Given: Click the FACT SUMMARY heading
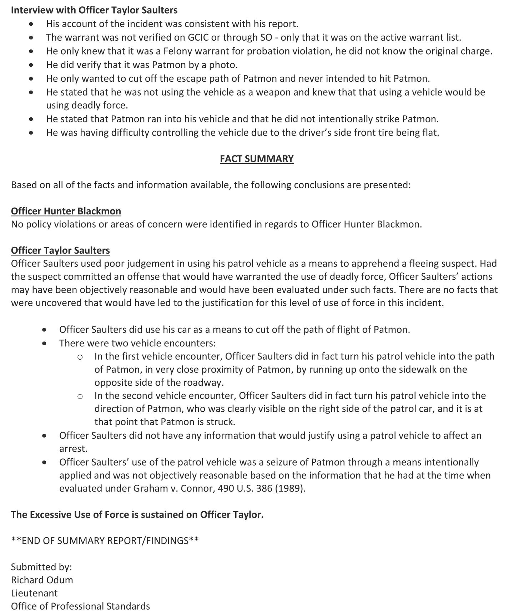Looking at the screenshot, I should tap(257, 159).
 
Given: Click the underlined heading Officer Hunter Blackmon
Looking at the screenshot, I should tap(66, 211).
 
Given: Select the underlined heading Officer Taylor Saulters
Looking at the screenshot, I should tap(60, 250).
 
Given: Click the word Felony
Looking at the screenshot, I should tap(179, 51).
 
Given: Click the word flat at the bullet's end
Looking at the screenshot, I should tap(429, 133).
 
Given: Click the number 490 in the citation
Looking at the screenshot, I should tap(226, 488).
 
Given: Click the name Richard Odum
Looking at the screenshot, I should tap(42, 580).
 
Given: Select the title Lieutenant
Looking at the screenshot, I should tap(34, 593).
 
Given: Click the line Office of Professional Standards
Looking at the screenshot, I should tap(80, 606).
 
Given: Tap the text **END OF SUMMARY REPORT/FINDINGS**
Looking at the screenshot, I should tap(105, 541).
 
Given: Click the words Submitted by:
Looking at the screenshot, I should tap(41, 567).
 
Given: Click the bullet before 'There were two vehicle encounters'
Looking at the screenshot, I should tap(44, 344).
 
